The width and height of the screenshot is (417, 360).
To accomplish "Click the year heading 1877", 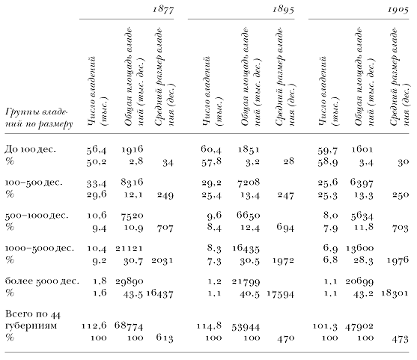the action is tap(163, 10).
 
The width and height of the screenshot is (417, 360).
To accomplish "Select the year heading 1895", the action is tap(283, 10).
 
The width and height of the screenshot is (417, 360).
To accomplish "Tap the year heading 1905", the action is tap(398, 10).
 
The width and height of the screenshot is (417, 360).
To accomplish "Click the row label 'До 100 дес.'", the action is tap(30, 149).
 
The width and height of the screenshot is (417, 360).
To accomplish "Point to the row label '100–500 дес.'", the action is tap(34, 183).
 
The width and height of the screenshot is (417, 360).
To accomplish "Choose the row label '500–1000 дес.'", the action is tap(37, 215).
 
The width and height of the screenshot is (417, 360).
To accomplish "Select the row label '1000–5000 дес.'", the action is tap(40, 248).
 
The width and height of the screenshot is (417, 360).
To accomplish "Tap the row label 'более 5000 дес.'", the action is tap(42, 281).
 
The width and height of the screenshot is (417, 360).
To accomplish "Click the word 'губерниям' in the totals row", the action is tap(31, 326).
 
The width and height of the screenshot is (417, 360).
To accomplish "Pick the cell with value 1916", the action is tap(133, 149).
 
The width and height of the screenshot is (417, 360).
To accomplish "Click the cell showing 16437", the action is tap(159, 294).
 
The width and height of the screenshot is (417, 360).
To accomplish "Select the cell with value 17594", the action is tap(281, 294).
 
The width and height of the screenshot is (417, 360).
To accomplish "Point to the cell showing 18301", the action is tap(395, 293).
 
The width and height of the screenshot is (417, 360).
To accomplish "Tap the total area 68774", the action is tap(129, 326).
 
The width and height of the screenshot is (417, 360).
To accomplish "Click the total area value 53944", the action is tap(246, 327).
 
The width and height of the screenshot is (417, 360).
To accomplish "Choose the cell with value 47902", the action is tap(359, 326).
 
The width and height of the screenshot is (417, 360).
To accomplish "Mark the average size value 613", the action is tap(165, 338).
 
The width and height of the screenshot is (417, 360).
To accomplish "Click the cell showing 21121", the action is tap(130, 248).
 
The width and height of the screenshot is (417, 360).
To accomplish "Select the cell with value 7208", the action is tap(249, 183).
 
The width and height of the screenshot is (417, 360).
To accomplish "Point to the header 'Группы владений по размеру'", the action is tap(39, 118).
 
